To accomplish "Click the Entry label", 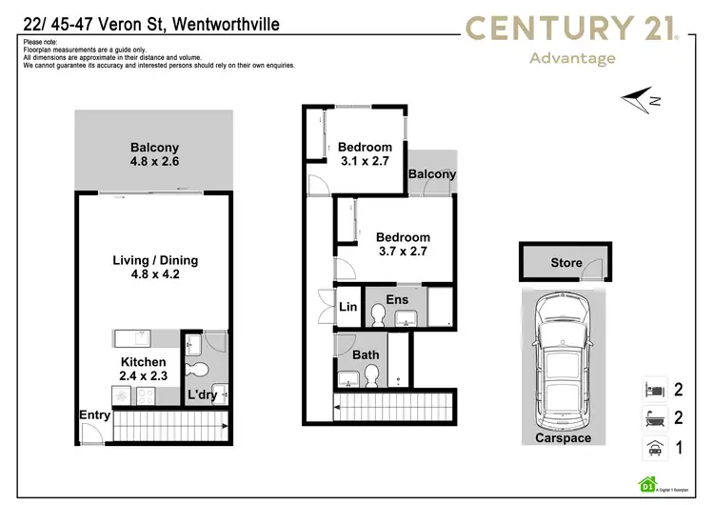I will coord(95,415).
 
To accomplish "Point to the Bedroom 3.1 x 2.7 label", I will coord(365,154).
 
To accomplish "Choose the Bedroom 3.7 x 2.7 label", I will coord(403,245).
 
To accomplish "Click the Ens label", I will coord(397,300).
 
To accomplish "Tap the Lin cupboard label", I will coord(347,307).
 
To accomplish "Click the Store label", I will coord(566,263).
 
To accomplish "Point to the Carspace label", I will coord(562,438).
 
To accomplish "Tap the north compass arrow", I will coord(639,97).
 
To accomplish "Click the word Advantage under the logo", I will coord(571,58).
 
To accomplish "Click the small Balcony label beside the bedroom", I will coord(431,174).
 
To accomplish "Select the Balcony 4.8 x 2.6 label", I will coord(154,155).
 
